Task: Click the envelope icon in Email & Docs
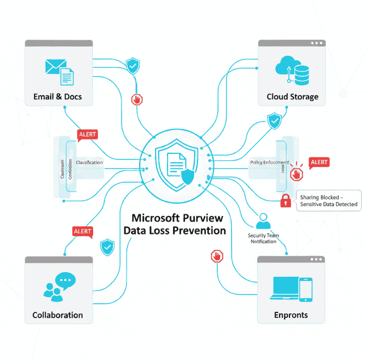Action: point(53,67)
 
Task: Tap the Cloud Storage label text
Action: point(292,97)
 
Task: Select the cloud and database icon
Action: point(293,70)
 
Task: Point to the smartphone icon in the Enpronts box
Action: point(306,289)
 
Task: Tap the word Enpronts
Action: point(291,315)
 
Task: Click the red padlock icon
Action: point(285,201)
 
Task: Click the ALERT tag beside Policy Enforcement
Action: point(319,162)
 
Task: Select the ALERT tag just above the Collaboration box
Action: point(83,231)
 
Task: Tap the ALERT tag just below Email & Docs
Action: point(87,134)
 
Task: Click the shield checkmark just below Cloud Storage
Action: point(274,121)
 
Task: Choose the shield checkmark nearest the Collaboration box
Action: point(107,247)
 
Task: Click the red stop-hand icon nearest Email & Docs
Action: point(136,99)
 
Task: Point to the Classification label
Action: point(89,162)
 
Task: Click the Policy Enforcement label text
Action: point(269,162)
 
